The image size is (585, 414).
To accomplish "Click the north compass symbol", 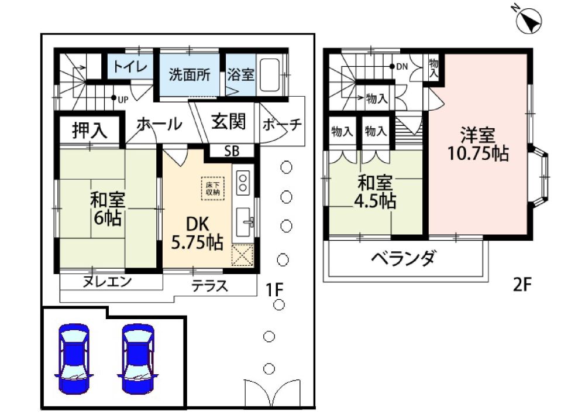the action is click(x=529, y=18).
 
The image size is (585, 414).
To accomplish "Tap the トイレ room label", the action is click(x=130, y=67).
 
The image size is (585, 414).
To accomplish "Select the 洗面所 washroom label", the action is click(x=190, y=75).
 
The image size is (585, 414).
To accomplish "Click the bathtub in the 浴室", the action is click(x=270, y=75).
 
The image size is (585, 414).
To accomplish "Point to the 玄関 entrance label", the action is click(x=229, y=121).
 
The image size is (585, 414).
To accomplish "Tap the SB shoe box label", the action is click(x=231, y=151).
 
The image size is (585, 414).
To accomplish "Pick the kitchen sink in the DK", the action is click(x=245, y=221).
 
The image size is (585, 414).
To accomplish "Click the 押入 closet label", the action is click(x=90, y=130).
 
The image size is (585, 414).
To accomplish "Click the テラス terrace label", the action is click(x=209, y=286).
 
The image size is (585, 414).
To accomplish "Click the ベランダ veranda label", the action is click(x=403, y=258).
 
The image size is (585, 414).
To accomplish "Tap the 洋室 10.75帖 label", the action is click(x=478, y=144).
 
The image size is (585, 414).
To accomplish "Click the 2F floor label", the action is click(x=521, y=285).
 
